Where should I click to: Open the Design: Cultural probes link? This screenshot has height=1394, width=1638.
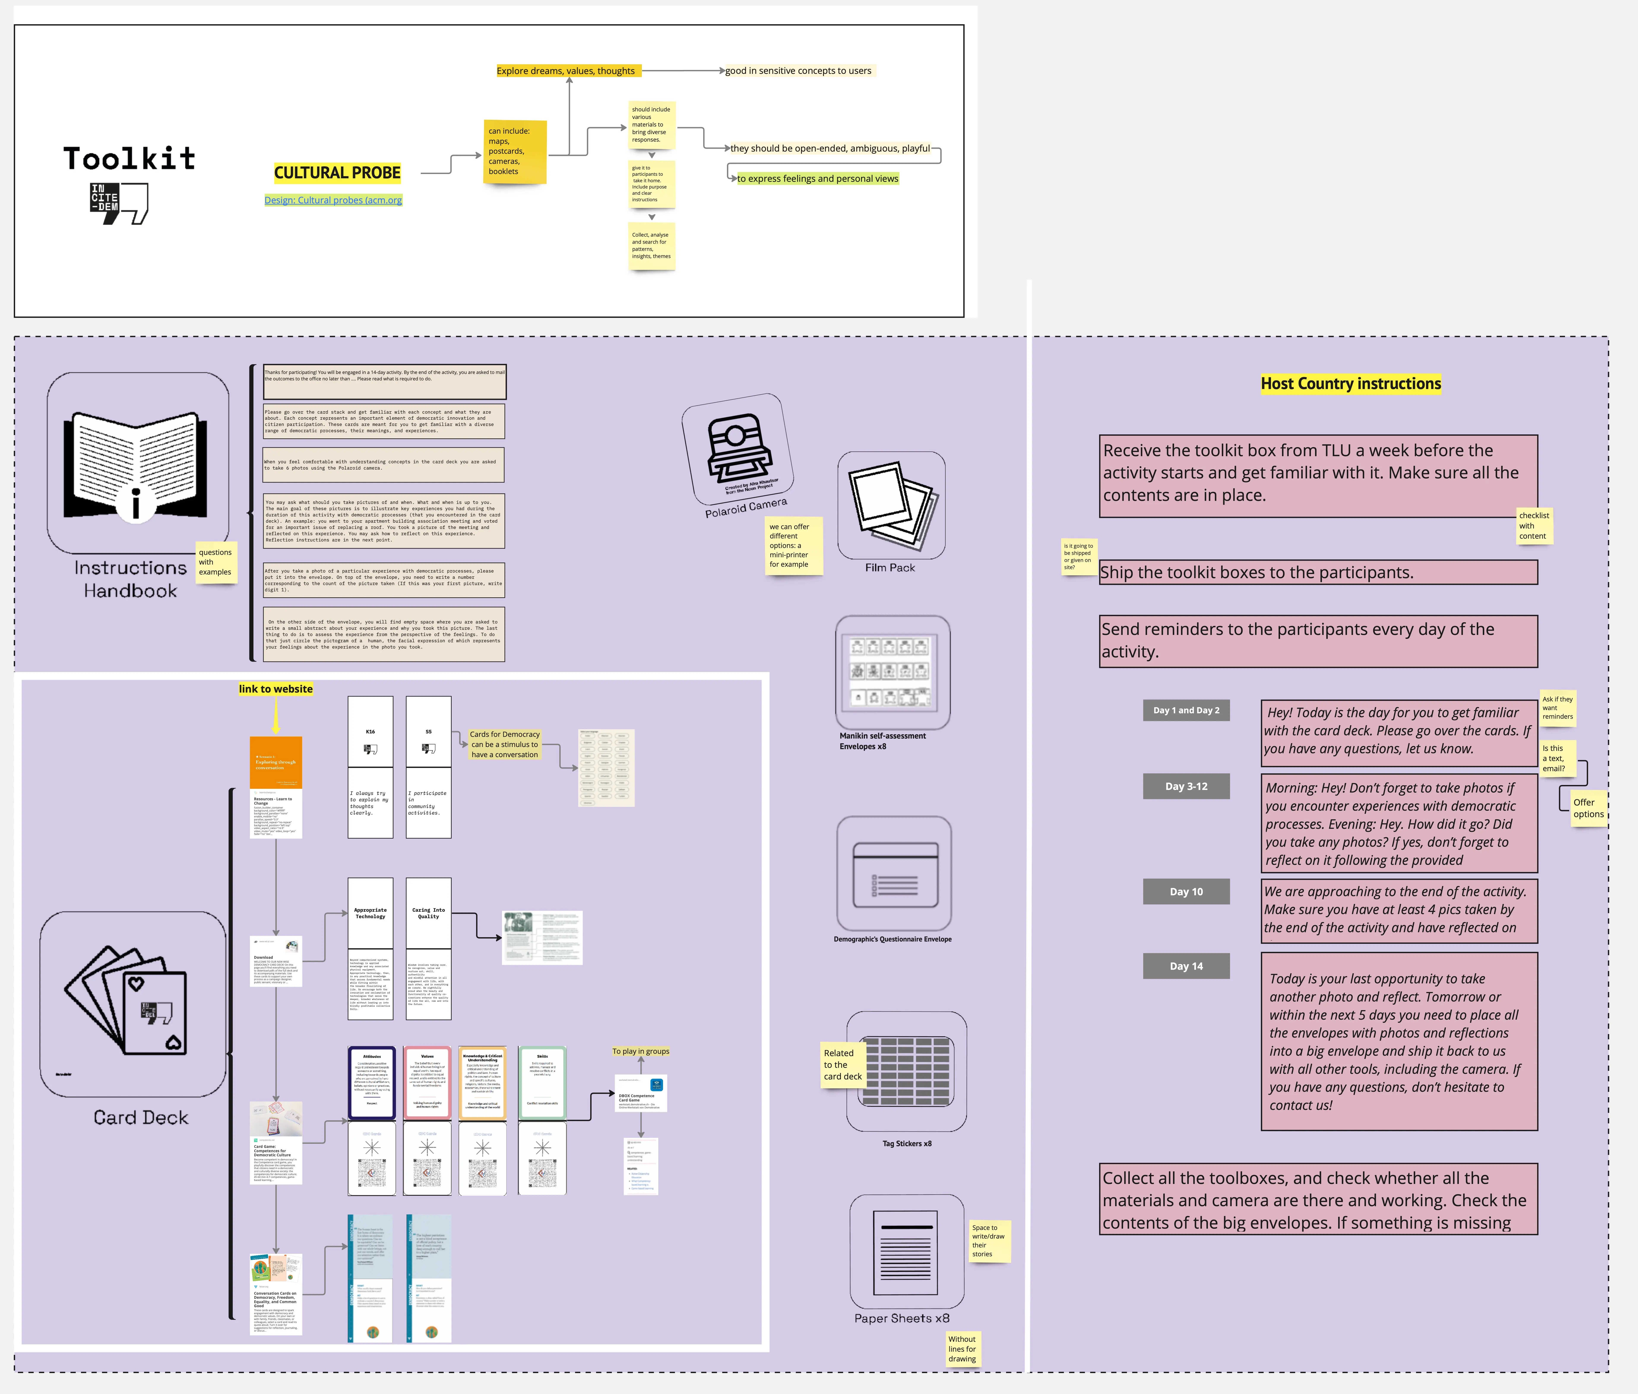333,200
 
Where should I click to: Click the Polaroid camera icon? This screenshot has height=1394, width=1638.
736,448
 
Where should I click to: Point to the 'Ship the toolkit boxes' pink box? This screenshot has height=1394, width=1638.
1317,572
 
